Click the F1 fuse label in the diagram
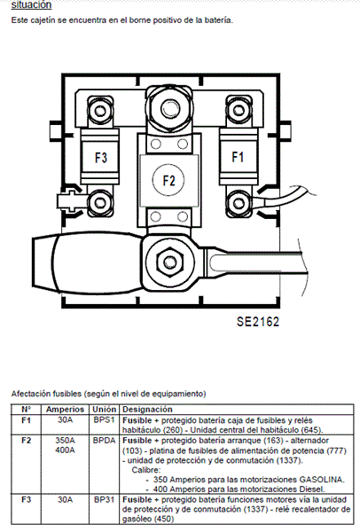(238, 157)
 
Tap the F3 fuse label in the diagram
(101, 158)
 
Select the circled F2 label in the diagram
(168, 180)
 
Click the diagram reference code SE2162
(258, 322)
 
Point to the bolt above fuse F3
(100, 110)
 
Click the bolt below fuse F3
(99, 202)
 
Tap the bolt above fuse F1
(238, 110)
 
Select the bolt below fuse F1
(239, 204)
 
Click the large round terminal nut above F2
(169, 108)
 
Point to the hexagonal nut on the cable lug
(169, 262)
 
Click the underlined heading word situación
(31, 4)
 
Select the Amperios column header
(65, 409)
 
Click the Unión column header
(104, 409)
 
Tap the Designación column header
(147, 409)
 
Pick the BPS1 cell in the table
(104, 419)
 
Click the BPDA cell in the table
(104, 441)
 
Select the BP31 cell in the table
(104, 499)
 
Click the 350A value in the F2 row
(65, 441)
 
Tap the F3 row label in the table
(26, 499)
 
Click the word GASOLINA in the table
(322, 480)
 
